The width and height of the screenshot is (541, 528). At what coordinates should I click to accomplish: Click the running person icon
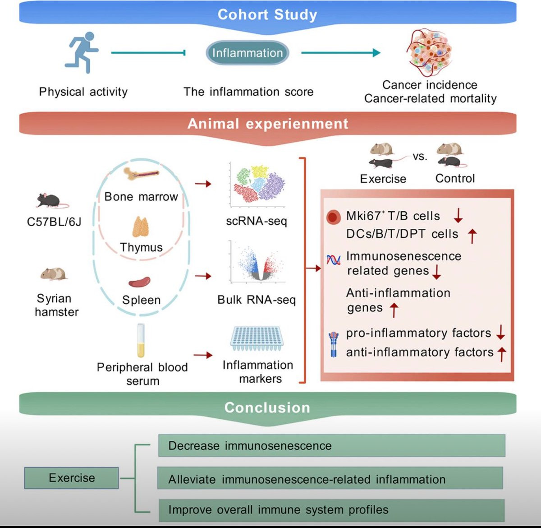coord(82,52)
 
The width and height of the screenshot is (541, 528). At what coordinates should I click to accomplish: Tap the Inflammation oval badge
coord(248,53)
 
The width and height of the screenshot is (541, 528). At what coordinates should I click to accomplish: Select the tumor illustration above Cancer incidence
coord(429,53)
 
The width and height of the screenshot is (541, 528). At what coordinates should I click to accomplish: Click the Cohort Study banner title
coord(267,14)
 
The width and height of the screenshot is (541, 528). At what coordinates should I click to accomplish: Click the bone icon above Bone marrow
coord(142,174)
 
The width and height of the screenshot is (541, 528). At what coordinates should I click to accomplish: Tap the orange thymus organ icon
coord(140,227)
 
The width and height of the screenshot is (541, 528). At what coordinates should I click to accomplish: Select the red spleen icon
coord(140,282)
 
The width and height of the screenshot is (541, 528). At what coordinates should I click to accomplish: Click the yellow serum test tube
coord(141,341)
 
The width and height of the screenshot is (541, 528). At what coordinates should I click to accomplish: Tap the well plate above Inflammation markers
coord(257,338)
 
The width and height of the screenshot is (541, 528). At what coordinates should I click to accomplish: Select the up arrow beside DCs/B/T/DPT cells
coord(472,235)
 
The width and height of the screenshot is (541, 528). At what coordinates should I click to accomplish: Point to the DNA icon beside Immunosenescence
coord(334,260)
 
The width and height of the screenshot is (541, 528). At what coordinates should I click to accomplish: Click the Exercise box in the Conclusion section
coord(72,478)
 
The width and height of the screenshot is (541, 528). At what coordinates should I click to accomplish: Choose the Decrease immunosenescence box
coord(331,446)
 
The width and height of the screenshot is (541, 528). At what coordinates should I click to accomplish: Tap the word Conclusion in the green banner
coord(267,408)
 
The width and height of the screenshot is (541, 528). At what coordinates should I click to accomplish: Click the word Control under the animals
coord(455,179)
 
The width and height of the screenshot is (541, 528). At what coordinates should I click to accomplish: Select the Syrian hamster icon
coord(54,273)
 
